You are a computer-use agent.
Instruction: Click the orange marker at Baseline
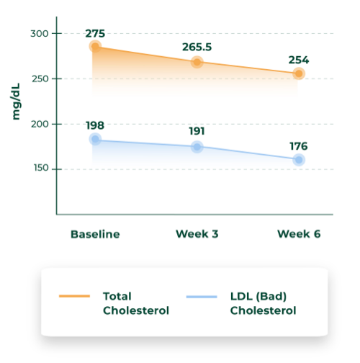pyautogui.click(x=95, y=47)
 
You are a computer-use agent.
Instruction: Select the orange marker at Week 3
pyautogui.click(x=197, y=62)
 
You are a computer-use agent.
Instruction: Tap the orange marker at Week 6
pyautogui.click(x=298, y=73)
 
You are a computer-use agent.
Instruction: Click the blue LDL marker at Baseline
pyautogui.click(x=95, y=139)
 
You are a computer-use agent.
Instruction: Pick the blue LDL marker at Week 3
pyautogui.click(x=197, y=147)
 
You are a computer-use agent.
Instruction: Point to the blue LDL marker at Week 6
pyautogui.click(x=298, y=159)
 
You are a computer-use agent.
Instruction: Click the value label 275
pyautogui.click(x=95, y=33)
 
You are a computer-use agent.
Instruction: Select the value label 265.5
pyautogui.click(x=197, y=48)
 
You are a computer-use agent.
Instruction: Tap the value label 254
pyautogui.click(x=298, y=60)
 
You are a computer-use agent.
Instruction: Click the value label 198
pyautogui.click(x=95, y=125)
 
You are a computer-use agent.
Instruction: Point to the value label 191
pyautogui.click(x=197, y=133)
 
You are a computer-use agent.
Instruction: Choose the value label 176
pyautogui.click(x=298, y=145)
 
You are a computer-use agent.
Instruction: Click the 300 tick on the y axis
pyautogui.click(x=40, y=33)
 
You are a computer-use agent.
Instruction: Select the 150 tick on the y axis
pyautogui.click(x=40, y=169)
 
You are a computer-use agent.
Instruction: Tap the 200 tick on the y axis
pyautogui.click(x=40, y=124)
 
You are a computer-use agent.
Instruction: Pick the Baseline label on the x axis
pyautogui.click(x=95, y=234)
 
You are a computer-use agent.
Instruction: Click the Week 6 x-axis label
pyautogui.click(x=298, y=234)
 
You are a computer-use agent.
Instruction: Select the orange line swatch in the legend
pyautogui.click(x=74, y=296)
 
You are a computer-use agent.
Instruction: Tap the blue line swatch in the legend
pyautogui.click(x=202, y=296)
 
